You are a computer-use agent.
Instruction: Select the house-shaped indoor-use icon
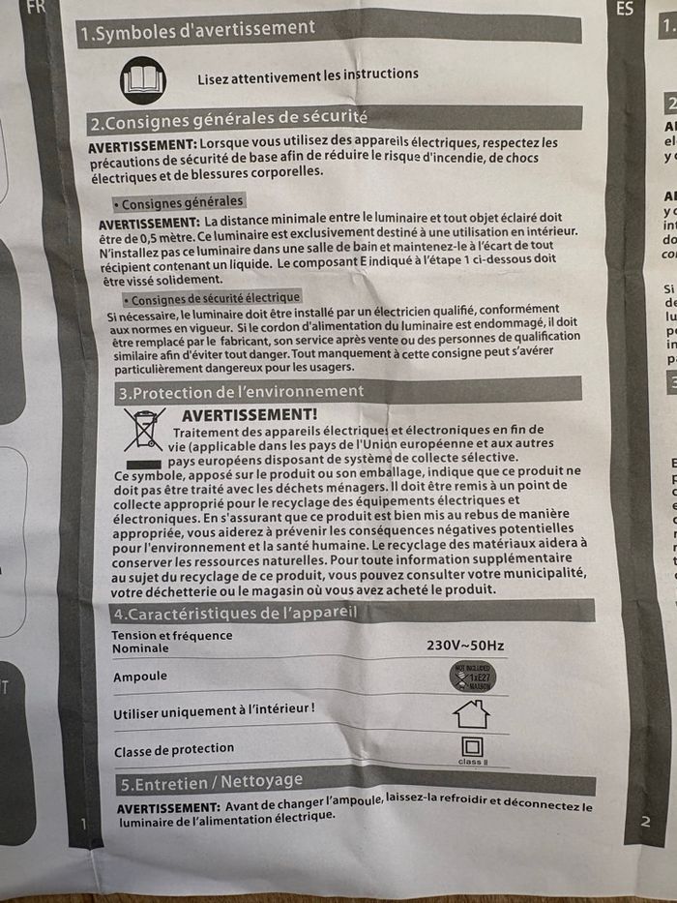[471, 714]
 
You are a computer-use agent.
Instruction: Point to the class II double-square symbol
[472, 748]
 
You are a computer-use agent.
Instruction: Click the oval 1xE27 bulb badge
[472, 677]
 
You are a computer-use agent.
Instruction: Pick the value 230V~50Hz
[465, 645]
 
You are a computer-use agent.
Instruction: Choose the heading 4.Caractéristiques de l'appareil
[236, 614]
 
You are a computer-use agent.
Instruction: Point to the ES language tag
[625, 10]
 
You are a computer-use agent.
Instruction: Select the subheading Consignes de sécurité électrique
[215, 298]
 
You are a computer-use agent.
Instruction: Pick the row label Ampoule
[140, 677]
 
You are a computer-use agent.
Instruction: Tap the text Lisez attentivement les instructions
[308, 75]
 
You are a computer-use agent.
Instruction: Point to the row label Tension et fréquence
[172, 636]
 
